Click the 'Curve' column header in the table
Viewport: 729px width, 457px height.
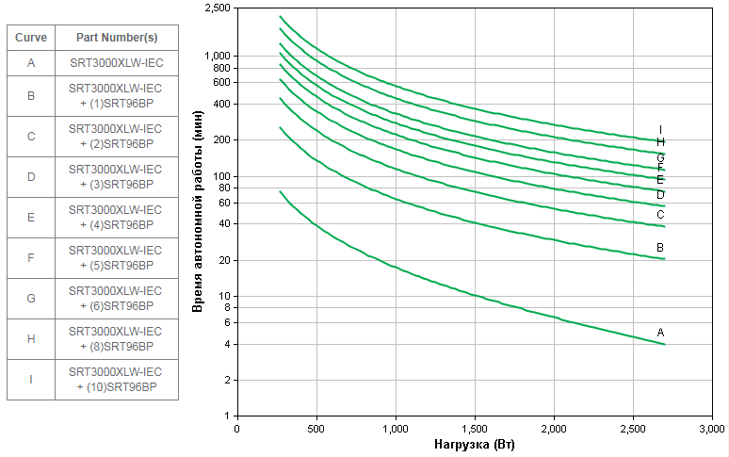tap(31, 38)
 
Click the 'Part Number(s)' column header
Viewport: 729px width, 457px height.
tap(116, 38)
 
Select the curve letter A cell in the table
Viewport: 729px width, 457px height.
tap(31, 63)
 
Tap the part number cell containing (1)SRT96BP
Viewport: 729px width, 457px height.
tap(116, 96)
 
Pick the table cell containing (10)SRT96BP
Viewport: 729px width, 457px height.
tap(116, 380)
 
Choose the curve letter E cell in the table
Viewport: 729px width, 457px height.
tap(31, 218)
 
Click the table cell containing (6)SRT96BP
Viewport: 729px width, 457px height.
tap(116, 299)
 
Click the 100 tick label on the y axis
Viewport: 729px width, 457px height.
tap(222, 176)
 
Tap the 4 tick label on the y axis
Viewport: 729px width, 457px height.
tap(227, 344)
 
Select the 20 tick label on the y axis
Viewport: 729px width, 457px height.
tap(224, 260)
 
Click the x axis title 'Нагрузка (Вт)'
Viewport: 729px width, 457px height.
tap(475, 444)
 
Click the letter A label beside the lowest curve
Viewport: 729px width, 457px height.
tap(661, 333)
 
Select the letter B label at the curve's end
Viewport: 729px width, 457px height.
tap(661, 248)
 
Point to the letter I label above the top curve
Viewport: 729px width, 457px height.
tap(661, 130)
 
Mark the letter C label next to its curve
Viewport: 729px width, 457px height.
tap(661, 215)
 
